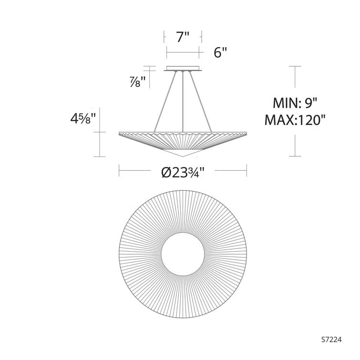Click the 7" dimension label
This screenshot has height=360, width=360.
[183, 37]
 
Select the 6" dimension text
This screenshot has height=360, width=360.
[220, 52]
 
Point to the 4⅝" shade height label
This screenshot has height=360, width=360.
[82, 119]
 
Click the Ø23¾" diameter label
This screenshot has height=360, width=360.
[183, 172]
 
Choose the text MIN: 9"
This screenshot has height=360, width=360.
[295, 103]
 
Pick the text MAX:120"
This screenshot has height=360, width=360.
[295, 120]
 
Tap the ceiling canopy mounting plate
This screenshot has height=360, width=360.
[183, 68]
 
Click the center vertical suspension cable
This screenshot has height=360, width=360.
[183, 102]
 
